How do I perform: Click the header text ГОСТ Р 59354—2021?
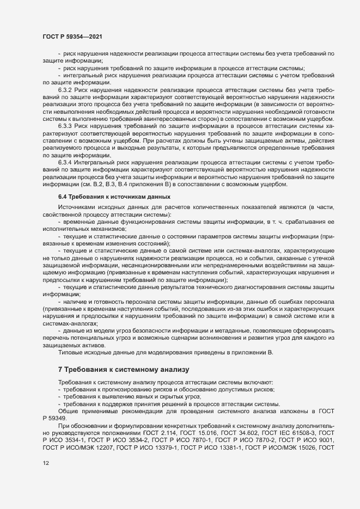71,36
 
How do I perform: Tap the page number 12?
46,463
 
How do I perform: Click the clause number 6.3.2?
65,89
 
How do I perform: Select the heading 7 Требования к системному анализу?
123,370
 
